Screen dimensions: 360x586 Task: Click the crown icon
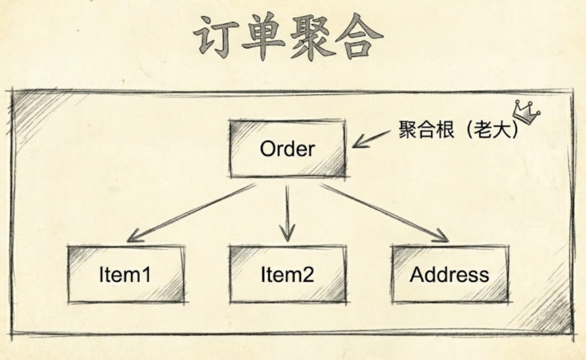click(x=527, y=113)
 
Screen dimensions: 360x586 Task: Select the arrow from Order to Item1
click(x=190, y=213)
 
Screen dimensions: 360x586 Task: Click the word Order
click(x=287, y=149)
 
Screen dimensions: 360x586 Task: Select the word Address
click(x=449, y=275)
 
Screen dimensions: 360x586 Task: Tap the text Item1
click(x=125, y=275)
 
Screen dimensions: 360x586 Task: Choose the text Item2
click(x=287, y=275)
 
